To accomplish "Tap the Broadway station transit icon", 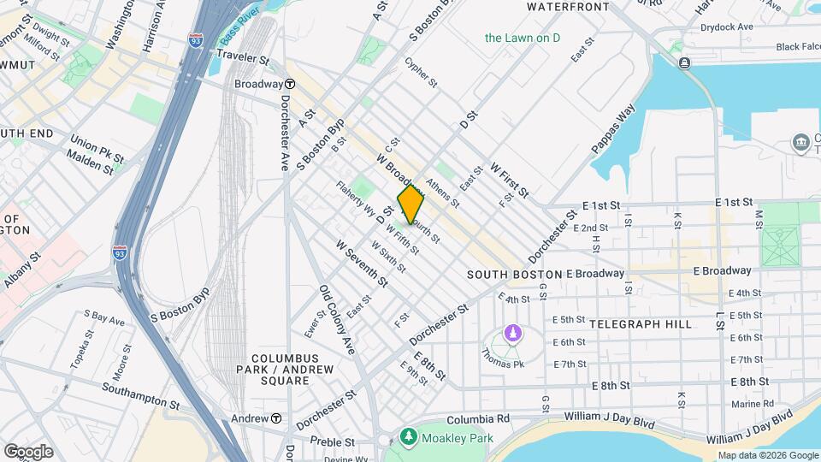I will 291,84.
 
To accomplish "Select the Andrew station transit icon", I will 276,418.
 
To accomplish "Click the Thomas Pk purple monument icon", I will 512,332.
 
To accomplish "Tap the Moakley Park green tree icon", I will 408,438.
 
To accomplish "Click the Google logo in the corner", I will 28,451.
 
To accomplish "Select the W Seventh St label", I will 363,263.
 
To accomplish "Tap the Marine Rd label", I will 752,404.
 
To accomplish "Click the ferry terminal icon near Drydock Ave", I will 684,63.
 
